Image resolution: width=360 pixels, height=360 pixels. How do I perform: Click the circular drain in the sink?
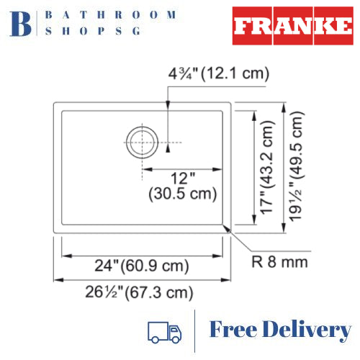point(141,143)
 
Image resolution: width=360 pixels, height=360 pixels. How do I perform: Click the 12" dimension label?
point(181,178)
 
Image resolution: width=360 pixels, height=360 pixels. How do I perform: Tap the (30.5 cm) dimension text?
point(182,194)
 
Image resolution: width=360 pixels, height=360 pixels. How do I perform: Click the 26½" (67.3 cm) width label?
point(141,292)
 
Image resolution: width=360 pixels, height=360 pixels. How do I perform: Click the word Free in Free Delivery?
point(234,330)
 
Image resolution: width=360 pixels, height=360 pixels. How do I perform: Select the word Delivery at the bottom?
point(307,330)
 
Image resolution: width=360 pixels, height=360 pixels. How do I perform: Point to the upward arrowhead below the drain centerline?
point(168,149)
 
